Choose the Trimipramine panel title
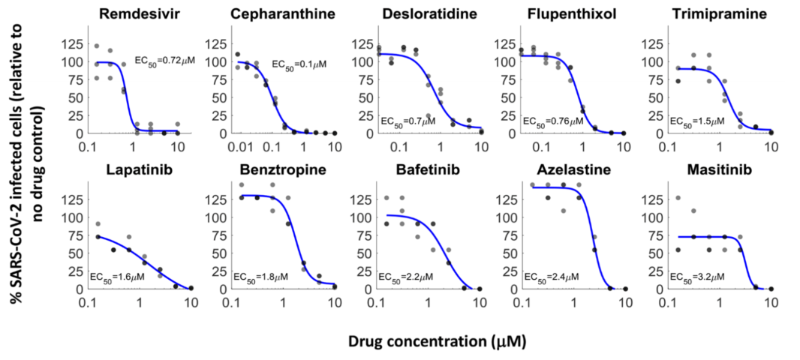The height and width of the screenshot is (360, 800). (x=714, y=14)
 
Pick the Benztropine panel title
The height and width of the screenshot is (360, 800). (x=282, y=170)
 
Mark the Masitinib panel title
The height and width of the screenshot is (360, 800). (x=714, y=170)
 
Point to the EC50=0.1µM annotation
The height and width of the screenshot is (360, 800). (x=298, y=64)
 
